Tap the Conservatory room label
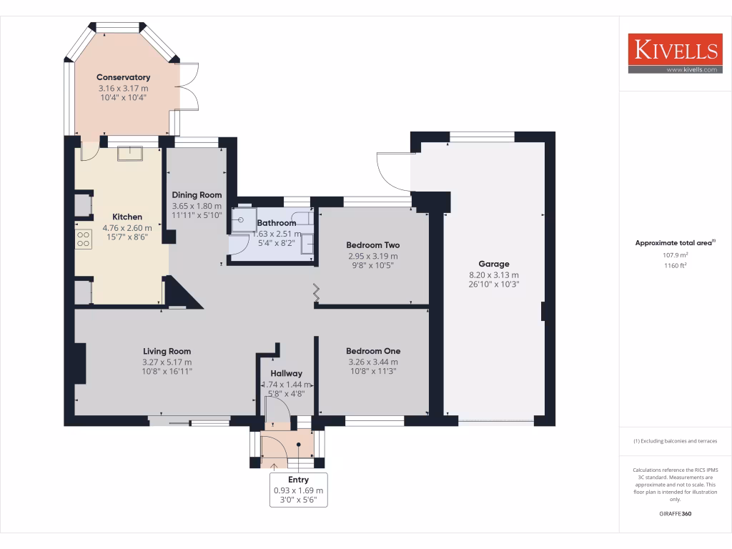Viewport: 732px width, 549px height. tap(123, 77)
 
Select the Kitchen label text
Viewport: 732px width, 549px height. tap(127, 217)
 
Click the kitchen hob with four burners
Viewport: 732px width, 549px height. tap(84, 239)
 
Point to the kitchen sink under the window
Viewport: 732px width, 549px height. tap(131, 154)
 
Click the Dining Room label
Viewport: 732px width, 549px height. tap(197, 194)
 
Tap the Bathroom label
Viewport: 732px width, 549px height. tap(277, 222)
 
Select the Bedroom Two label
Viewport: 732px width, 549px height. tap(372, 244)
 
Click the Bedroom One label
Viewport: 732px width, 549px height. tap(372, 351)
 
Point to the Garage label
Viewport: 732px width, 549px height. tap(493, 264)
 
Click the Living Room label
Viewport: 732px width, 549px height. tap(167, 351)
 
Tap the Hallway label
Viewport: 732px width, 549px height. tap(286, 373)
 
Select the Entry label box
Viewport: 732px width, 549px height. tap(298, 490)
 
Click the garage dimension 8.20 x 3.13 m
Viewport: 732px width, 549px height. tap(493, 274)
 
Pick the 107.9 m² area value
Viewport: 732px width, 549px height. tap(675, 254)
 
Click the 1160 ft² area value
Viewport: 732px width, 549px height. tap(675, 265)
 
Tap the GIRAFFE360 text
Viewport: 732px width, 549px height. tap(675, 514)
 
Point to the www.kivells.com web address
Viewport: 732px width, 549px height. tap(691, 69)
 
